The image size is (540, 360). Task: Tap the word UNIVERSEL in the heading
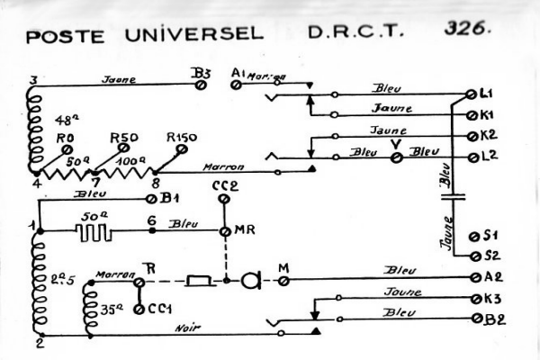tap(205, 35)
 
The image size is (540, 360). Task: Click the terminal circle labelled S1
tap(474, 236)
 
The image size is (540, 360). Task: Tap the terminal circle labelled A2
tap(474, 278)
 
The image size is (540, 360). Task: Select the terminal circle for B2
tap(474, 318)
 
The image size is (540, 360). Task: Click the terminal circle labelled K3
tap(474, 298)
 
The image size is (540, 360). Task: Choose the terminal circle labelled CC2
tap(226, 200)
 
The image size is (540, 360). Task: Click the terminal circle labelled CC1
tap(139, 310)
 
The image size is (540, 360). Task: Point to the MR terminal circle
tap(226, 231)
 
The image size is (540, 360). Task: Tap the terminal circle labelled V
tap(393, 157)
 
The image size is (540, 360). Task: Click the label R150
tap(183, 138)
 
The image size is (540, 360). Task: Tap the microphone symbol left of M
tap(251, 282)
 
